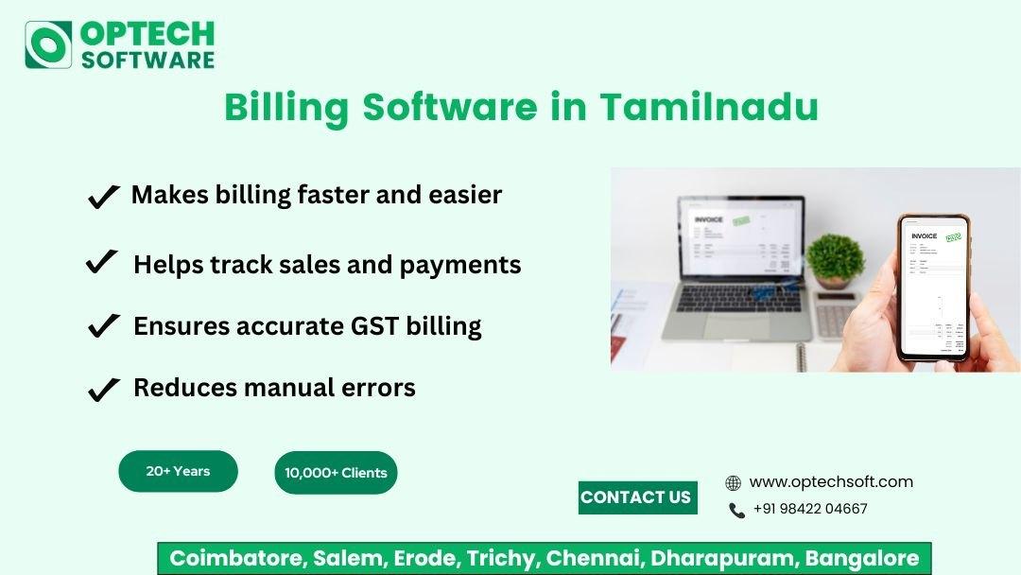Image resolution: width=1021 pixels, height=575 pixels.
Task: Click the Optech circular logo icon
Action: [x=48, y=44]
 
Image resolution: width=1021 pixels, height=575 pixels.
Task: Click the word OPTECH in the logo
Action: [x=147, y=33]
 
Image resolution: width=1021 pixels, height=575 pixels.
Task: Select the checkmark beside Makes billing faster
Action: [x=103, y=197]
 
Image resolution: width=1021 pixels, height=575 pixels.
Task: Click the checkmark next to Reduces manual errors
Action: [x=103, y=389]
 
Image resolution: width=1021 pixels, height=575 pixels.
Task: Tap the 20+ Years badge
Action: [x=178, y=471]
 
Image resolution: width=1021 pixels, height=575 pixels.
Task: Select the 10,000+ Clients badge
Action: [x=336, y=473]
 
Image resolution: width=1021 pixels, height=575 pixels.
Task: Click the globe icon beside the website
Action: [x=733, y=483]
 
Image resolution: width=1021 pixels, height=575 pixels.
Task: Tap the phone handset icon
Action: [x=736, y=511]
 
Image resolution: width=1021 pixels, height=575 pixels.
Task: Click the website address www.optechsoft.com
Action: [x=831, y=482]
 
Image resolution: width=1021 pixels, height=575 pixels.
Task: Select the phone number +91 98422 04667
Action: [x=810, y=509]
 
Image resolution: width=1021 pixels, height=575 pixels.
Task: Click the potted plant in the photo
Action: [x=836, y=259]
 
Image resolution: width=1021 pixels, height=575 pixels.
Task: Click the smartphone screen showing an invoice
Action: [x=933, y=287]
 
